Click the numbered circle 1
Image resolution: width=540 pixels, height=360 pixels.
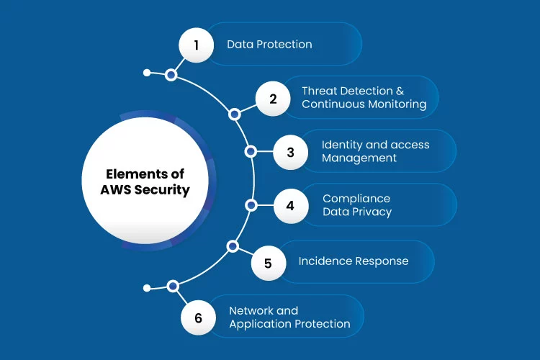tap(197, 45)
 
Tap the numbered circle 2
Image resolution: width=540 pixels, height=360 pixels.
tap(273, 99)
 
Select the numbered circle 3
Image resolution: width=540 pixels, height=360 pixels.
tap(290, 152)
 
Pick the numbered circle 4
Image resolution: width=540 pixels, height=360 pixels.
tap(291, 206)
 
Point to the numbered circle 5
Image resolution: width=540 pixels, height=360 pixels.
tap(269, 264)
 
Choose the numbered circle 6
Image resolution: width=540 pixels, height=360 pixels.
tap(198, 318)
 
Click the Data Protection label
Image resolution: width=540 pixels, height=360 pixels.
tap(269, 45)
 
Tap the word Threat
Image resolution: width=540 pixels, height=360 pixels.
tap(323, 91)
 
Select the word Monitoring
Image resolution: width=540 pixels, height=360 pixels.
tap(397, 104)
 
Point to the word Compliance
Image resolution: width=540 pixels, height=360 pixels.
tap(356, 199)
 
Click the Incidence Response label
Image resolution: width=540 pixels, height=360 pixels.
tap(354, 261)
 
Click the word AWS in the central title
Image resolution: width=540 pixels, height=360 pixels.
tap(115, 190)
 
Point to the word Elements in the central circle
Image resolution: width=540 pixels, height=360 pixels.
tap(132, 174)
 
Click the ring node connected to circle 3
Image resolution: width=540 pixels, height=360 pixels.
tap(251, 151)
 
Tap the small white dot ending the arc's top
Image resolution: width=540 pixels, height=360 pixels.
tap(147, 73)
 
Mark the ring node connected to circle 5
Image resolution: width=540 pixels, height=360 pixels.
tap(233, 246)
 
